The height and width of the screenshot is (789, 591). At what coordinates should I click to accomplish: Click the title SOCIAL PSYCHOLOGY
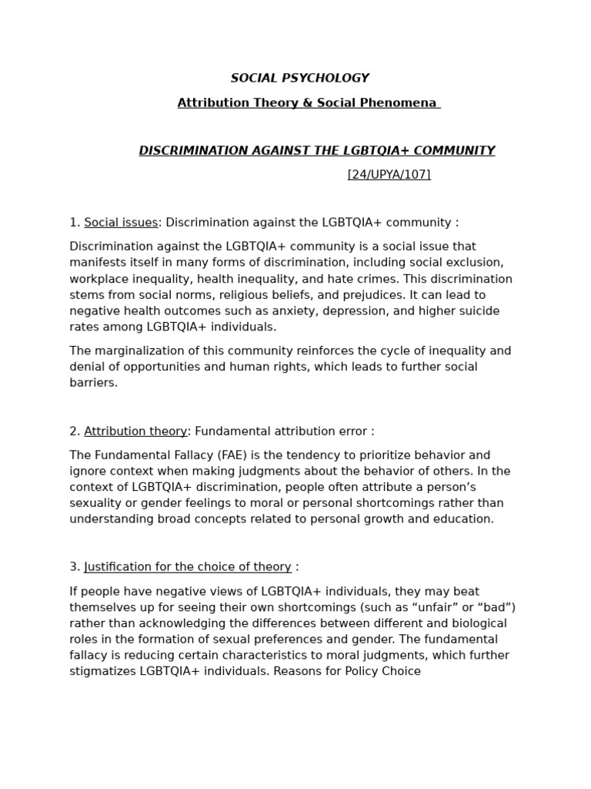click(x=300, y=79)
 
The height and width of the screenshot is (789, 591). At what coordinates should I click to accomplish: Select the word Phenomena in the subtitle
click(x=406, y=103)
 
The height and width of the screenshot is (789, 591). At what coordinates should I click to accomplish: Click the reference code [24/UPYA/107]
click(x=389, y=175)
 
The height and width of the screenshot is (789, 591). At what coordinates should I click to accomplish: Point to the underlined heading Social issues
click(x=121, y=223)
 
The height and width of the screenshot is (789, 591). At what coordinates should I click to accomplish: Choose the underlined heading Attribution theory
click(x=135, y=431)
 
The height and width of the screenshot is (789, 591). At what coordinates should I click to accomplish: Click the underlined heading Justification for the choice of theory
click(x=188, y=567)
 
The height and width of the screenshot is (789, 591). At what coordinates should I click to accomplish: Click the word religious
click(x=252, y=295)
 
